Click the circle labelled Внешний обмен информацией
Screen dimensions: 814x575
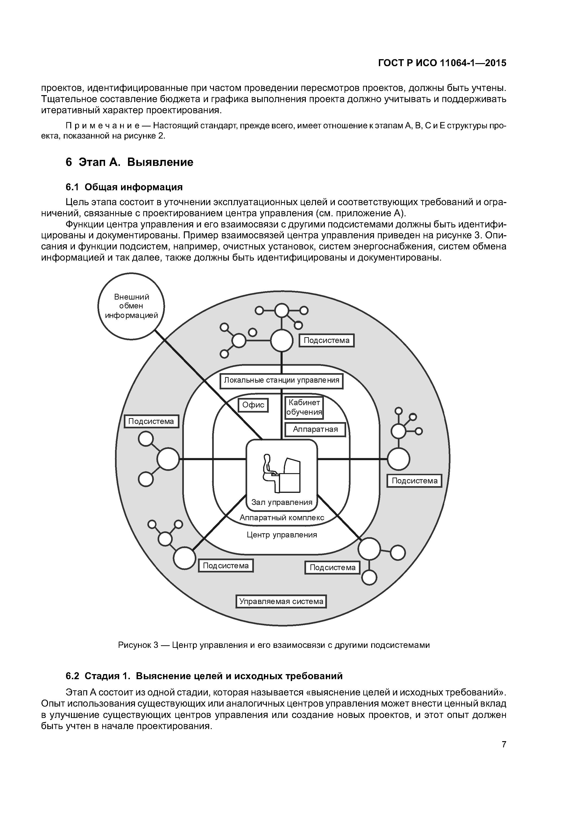tap(131, 306)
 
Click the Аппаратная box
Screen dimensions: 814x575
tap(315, 429)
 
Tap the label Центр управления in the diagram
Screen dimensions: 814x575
tap(282, 535)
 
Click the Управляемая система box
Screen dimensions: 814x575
tap(281, 601)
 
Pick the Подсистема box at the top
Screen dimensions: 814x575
tap(326, 340)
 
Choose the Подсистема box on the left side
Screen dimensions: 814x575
tap(151, 421)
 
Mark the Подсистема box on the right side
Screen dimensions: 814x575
tap(414, 481)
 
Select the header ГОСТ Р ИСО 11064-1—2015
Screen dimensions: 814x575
tap(442, 63)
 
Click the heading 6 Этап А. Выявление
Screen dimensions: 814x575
tap(129, 162)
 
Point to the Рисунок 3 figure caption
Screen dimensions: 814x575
tap(274, 645)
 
